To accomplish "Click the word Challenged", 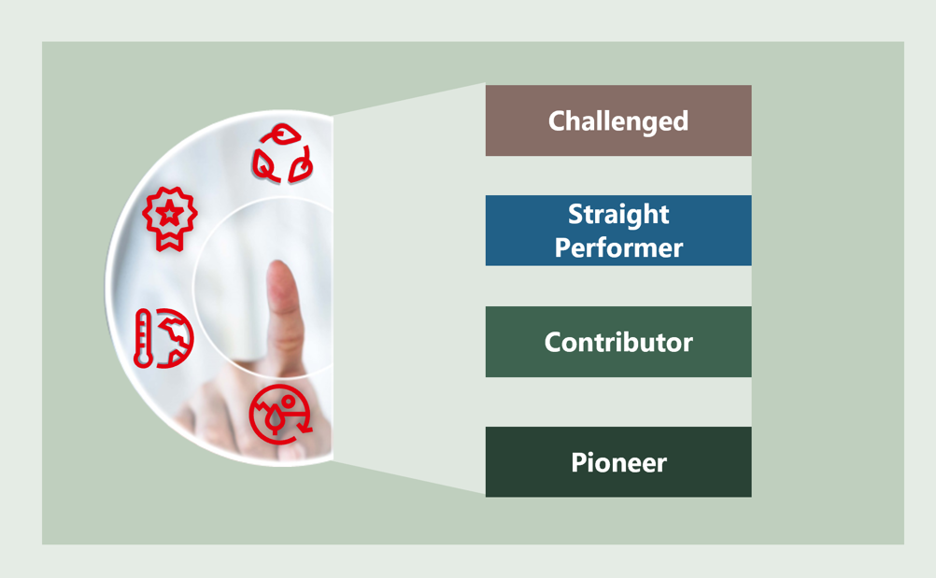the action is click(618, 121).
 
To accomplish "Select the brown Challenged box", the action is click(618, 120).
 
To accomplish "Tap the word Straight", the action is click(618, 215).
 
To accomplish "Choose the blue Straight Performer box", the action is click(618, 231).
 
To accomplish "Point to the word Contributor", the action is click(618, 343).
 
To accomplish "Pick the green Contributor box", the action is click(618, 342).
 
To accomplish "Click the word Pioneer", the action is click(618, 463).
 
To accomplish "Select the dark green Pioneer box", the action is click(618, 461).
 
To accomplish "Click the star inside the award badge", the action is click(170, 212).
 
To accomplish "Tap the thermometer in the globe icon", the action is click(142, 338).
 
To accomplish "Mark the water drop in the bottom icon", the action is click(275, 418).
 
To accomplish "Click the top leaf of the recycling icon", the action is click(283, 134).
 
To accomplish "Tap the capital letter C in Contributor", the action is click(553, 343).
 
